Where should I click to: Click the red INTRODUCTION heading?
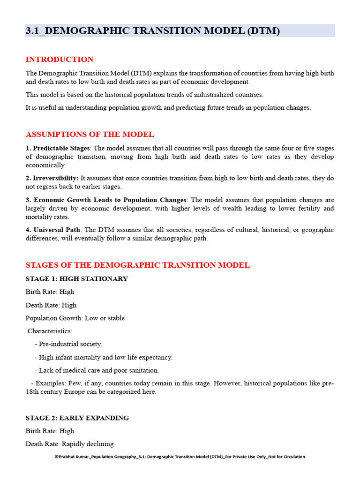click(60, 60)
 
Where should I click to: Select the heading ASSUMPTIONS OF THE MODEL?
click(90, 135)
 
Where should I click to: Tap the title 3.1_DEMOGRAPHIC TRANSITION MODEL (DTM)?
click(152, 31)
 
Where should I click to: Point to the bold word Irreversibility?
click(55, 178)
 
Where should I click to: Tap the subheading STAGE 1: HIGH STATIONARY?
click(76, 279)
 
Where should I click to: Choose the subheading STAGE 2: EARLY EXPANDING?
click(77, 418)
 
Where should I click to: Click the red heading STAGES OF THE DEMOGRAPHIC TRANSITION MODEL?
click(137, 265)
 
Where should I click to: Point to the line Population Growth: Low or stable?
click(75, 318)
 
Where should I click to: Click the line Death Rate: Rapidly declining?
click(69, 444)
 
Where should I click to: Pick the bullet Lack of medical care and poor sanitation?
click(98, 370)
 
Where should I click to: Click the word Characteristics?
click(50, 331)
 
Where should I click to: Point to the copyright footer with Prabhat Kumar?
click(180, 457)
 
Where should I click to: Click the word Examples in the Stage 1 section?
click(50, 383)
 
